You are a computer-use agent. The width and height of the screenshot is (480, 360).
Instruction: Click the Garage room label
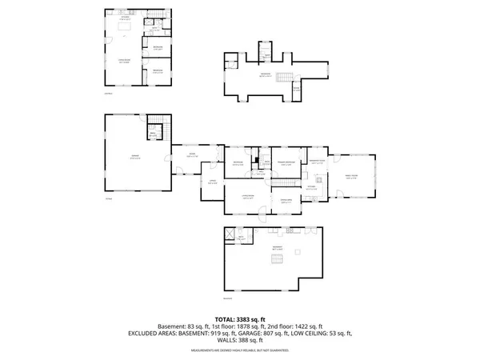click(x=135, y=156)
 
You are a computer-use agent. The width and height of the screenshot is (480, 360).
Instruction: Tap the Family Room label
click(x=350, y=175)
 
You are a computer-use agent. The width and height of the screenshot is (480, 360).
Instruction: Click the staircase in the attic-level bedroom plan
click(x=280, y=77)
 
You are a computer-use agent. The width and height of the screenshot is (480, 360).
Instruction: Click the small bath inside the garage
click(x=153, y=133)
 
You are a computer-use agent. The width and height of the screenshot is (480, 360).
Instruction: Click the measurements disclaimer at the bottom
click(x=239, y=348)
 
